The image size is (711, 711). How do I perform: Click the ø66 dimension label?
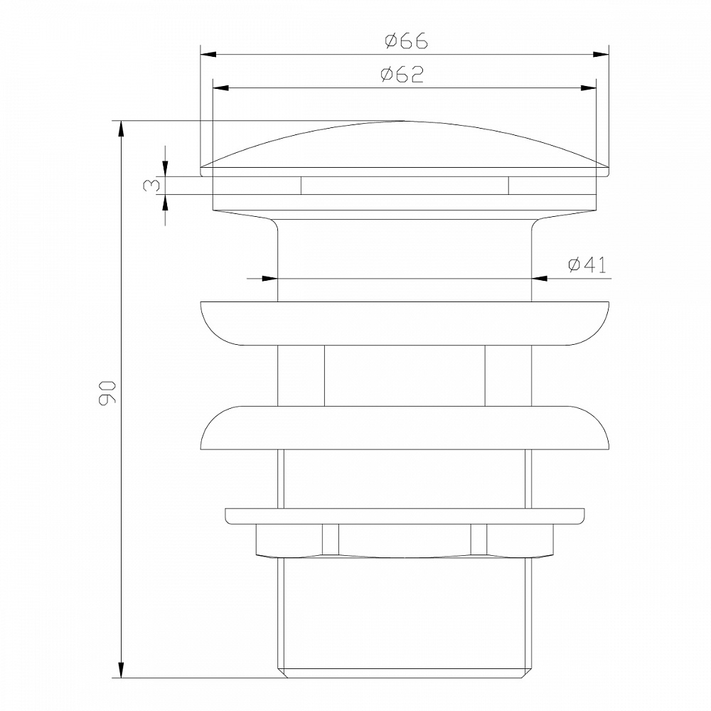pos(406,41)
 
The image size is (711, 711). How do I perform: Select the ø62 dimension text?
pos(402,75)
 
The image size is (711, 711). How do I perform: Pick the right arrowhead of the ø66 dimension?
pos(602,54)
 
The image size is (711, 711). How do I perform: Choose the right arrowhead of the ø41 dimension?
pos(540,279)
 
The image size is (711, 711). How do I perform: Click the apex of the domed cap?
pos(405,122)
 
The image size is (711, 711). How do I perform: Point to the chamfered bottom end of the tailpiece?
pos(405,673)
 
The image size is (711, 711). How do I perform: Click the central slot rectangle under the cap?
pos(405,186)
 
